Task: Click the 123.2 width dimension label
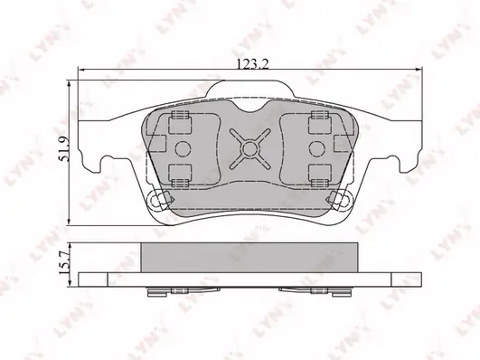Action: [x=253, y=64]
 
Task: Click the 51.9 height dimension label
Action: [x=64, y=148]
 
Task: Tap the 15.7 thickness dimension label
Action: [x=64, y=262]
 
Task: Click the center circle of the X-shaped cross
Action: [x=250, y=148]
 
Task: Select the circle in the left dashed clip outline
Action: [x=183, y=149]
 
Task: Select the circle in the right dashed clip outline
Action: [x=317, y=149]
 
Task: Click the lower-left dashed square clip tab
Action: [x=180, y=175]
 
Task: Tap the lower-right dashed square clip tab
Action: [x=320, y=175]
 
